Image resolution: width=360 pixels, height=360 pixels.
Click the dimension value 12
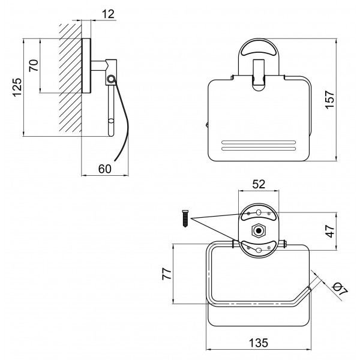(x=108, y=14)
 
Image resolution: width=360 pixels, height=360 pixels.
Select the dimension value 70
(x=34, y=65)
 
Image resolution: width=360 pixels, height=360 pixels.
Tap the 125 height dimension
(x=17, y=88)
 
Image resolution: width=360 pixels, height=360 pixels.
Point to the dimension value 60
(x=104, y=169)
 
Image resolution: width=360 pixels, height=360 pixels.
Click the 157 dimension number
(x=330, y=100)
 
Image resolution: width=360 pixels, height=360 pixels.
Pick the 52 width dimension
(x=259, y=184)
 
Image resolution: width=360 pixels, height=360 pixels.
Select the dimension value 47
(x=330, y=231)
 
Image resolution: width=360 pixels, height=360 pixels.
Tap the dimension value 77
(x=167, y=274)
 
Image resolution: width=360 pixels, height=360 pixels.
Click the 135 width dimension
(x=258, y=343)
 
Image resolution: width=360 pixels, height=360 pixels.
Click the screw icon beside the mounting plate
(x=185, y=218)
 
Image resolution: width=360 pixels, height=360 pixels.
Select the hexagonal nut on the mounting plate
(x=259, y=230)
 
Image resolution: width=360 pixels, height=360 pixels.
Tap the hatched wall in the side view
(x=70, y=78)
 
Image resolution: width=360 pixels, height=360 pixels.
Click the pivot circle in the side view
(x=111, y=79)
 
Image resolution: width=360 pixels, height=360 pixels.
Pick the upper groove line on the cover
(x=259, y=142)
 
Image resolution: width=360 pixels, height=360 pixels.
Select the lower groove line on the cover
(x=259, y=149)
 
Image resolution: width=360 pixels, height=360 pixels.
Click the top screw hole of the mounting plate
(x=259, y=212)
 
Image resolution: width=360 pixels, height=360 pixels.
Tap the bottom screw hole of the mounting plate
(x=259, y=250)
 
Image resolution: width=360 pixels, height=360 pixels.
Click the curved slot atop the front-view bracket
(x=259, y=49)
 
